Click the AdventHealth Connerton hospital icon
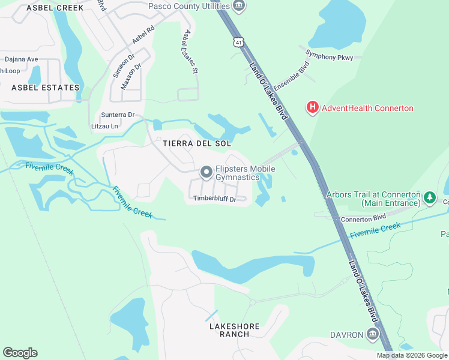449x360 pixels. [312, 108]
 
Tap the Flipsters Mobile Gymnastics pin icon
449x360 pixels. [206, 173]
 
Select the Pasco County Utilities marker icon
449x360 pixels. [239, 7]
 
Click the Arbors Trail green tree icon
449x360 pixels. [429, 197]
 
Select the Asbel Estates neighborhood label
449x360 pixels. [46, 88]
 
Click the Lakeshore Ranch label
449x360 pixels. [235, 330]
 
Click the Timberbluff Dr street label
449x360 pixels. [215, 198]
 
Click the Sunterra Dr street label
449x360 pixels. [117, 114]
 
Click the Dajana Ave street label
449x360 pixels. [22, 59]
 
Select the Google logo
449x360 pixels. [20, 353]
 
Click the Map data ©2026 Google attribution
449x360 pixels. [412, 355]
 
